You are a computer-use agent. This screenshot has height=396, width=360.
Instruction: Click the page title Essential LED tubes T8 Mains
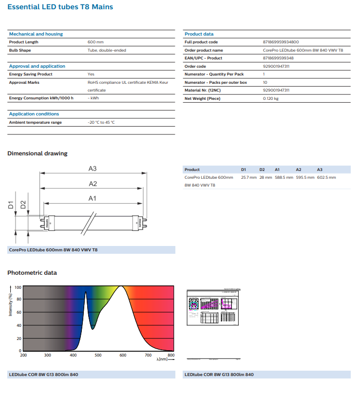[x=60, y=7]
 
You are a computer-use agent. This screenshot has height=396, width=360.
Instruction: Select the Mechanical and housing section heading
[x=36, y=34]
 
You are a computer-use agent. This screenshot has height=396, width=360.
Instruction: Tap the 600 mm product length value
[x=95, y=42]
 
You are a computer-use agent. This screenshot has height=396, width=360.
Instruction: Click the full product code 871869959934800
[x=281, y=42]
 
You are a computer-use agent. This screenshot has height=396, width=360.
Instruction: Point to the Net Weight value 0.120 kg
[x=270, y=98]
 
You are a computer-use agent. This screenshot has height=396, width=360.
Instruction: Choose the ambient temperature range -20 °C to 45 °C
[x=101, y=122]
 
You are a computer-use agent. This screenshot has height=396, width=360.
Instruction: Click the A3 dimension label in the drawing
[x=93, y=169]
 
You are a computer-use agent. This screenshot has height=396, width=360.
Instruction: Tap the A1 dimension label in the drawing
[x=93, y=198]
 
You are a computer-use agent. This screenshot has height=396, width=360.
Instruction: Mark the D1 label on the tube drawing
[x=11, y=205]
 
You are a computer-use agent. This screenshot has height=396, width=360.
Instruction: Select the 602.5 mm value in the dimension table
[x=326, y=177]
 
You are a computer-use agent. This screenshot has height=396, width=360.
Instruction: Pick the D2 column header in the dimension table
[x=262, y=170]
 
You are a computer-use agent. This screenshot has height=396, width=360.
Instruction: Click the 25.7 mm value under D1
[x=248, y=177]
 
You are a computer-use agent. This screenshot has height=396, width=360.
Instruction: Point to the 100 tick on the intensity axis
[x=18, y=287]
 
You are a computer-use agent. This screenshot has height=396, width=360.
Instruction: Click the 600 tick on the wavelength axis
[x=122, y=355]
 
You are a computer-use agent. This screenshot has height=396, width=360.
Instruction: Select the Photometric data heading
[x=32, y=273]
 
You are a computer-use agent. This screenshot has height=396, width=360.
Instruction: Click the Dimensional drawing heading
[x=37, y=153]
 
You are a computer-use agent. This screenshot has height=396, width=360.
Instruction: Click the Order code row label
[x=195, y=66]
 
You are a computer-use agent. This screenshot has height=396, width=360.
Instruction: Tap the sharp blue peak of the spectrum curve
[x=86, y=292]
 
